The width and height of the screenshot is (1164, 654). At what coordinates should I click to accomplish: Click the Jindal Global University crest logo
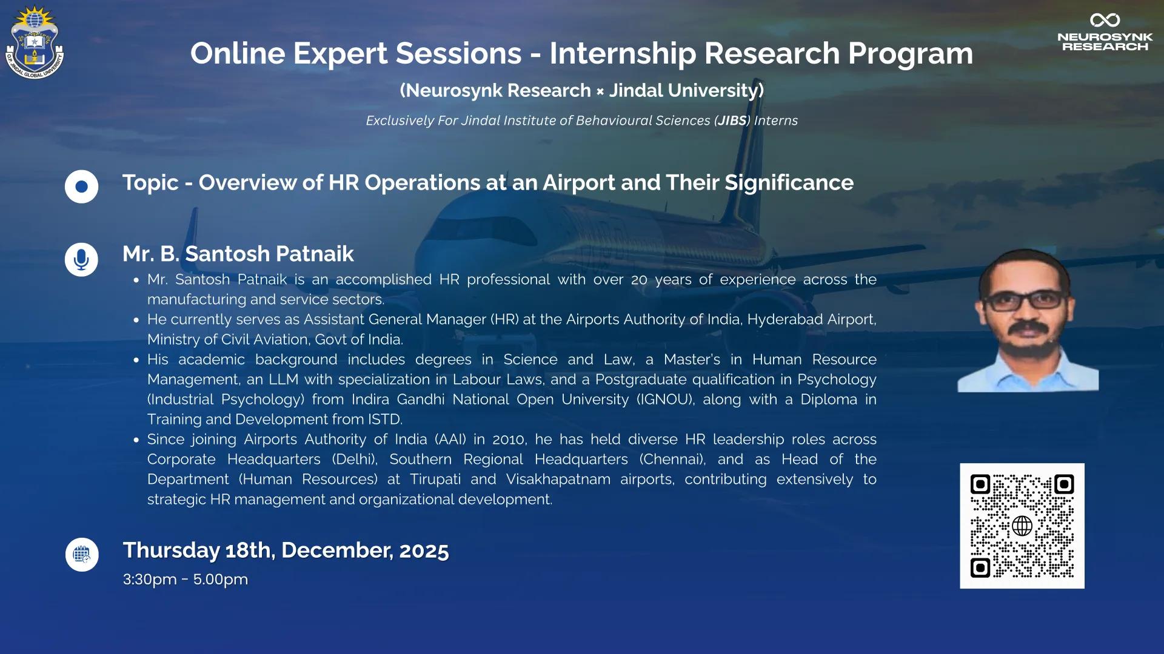[x=35, y=42]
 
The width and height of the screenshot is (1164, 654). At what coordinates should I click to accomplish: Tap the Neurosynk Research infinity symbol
[x=1105, y=20]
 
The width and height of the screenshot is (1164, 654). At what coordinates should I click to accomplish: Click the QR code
[x=1022, y=526]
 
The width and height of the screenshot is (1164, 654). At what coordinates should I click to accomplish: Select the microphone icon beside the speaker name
[x=81, y=259]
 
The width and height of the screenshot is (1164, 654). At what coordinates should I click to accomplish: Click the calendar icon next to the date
[x=82, y=555]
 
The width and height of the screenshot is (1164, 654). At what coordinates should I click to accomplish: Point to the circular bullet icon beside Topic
[x=81, y=187]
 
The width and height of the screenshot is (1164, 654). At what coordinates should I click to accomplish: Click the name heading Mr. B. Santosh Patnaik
[x=238, y=254]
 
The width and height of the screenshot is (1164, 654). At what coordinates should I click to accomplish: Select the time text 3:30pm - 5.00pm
[x=186, y=580]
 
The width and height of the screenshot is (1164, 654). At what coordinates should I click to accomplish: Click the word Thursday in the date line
[x=171, y=551]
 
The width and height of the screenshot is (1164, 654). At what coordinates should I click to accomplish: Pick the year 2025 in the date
[x=424, y=551]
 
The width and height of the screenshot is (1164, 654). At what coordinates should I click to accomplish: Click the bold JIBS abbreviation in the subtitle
[x=732, y=121]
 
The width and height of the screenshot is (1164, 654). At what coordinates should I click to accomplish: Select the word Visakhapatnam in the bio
[x=558, y=480]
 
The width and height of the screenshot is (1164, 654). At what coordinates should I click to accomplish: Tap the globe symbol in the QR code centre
[x=1022, y=526]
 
